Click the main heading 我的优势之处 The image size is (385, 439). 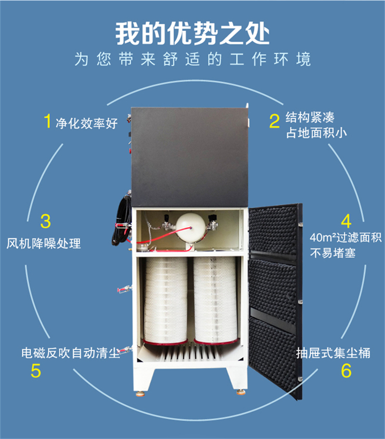[192, 34]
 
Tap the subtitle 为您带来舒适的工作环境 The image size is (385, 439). [192, 59]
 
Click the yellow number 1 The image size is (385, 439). [47, 121]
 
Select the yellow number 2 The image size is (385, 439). [274, 121]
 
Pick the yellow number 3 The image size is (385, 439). [45, 221]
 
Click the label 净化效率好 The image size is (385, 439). [87, 123]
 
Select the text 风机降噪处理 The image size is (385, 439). [44, 244]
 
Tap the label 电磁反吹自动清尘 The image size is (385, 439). [70, 353]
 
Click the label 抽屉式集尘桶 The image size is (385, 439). [333, 353]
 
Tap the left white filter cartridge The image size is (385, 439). [166, 301]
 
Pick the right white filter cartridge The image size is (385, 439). [215, 301]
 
